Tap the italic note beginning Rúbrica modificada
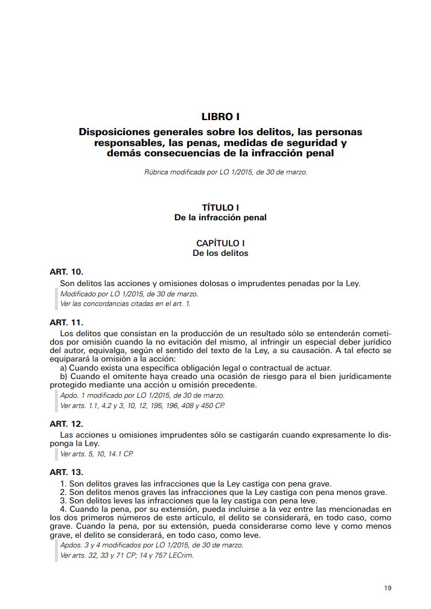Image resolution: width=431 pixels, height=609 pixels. (x=226, y=173)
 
